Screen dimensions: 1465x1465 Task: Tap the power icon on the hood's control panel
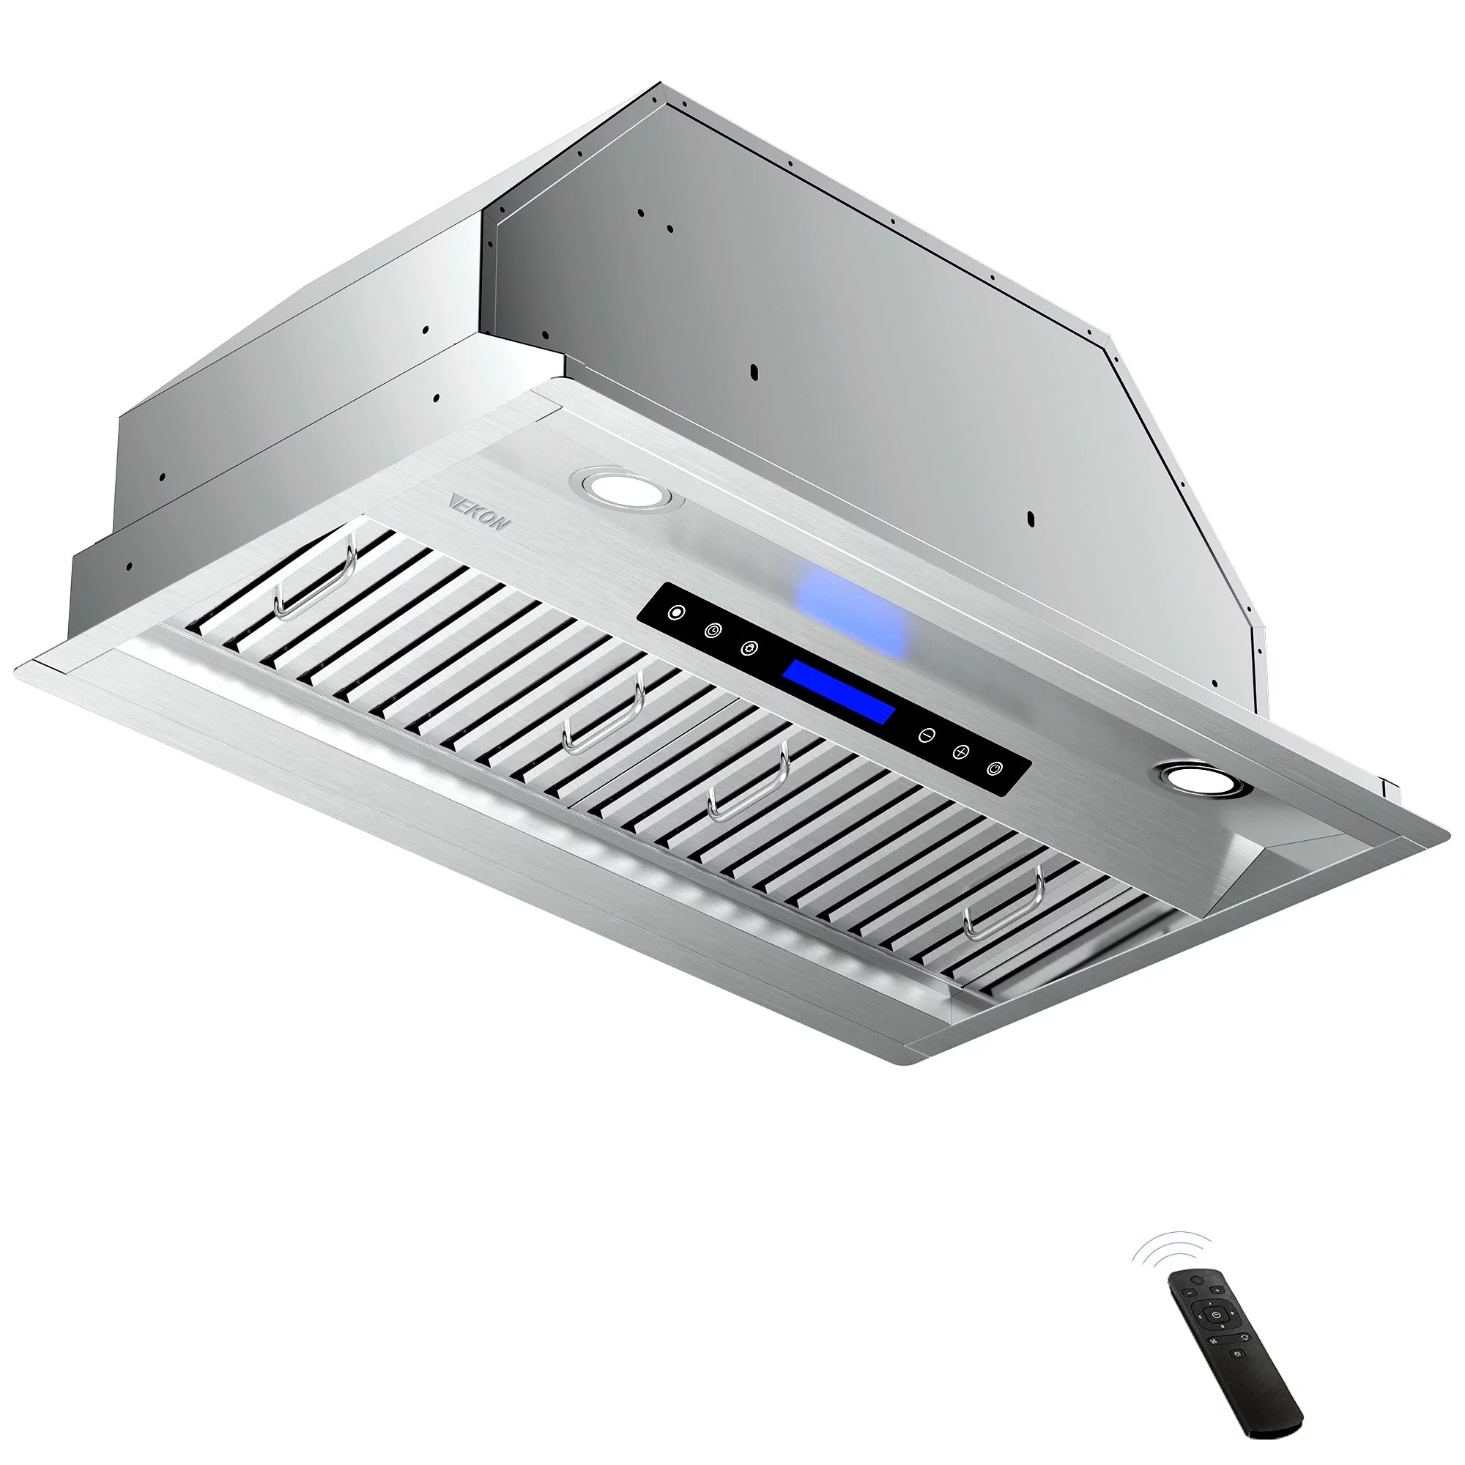[996, 769]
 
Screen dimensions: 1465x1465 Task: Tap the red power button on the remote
[1198, 1280]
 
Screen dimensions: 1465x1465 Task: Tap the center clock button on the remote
[1216, 1315]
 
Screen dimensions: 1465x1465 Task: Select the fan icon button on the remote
[1213, 1340]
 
